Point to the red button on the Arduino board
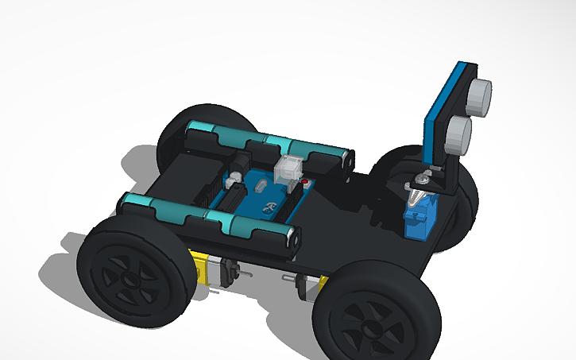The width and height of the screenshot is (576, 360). (304, 184)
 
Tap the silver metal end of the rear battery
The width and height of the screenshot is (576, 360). (346, 159)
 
